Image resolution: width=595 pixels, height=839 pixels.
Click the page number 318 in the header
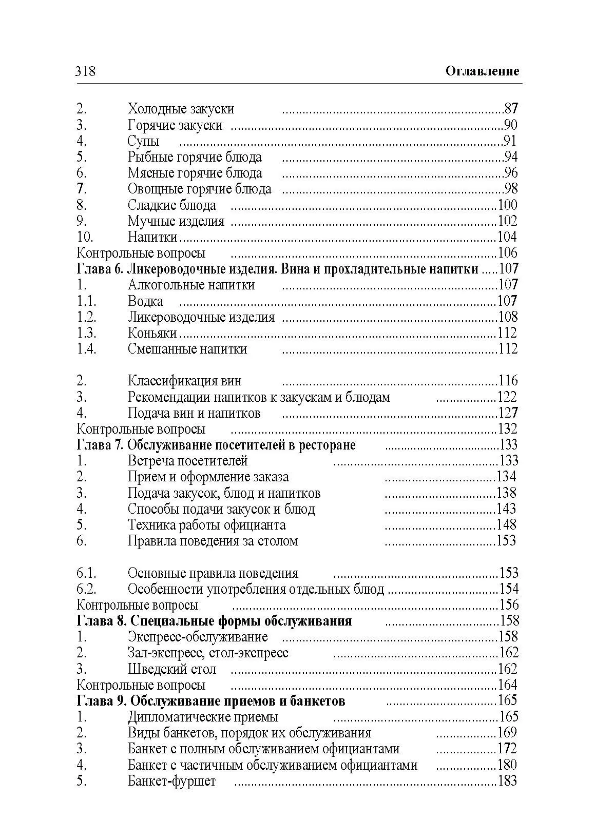pos(85,71)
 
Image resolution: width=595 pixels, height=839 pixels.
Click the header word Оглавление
pos(482,71)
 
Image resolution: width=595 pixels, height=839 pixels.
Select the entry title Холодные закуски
pos(181,109)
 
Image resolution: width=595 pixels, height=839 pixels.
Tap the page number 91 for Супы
pos(509,141)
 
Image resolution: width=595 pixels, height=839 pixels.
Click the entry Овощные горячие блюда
pos(199,189)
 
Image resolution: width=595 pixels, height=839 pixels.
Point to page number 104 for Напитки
pos(507,237)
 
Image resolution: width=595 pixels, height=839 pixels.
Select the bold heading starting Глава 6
pos(277,269)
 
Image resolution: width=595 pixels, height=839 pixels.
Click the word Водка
pos(145,301)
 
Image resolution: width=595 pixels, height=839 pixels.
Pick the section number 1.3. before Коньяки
pos(86,333)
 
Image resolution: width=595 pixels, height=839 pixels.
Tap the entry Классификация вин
pos(184,381)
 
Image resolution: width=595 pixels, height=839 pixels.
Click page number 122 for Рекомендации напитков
pos(507,397)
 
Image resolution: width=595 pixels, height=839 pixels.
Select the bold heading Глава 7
pos(216,444)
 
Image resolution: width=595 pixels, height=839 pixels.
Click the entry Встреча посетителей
pos(187,461)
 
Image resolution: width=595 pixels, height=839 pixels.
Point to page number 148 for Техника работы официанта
pos(506,524)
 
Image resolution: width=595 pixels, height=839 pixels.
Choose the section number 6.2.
pos(86,589)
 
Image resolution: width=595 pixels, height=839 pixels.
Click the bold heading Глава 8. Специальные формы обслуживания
pos(214,621)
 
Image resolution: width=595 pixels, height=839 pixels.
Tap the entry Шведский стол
pos(172,669)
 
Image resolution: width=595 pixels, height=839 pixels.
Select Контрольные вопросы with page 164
pos(141,685)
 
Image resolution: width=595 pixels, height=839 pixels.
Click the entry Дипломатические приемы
pos(203,717)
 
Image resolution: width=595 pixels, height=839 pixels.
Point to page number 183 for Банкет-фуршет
pos(507,781)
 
